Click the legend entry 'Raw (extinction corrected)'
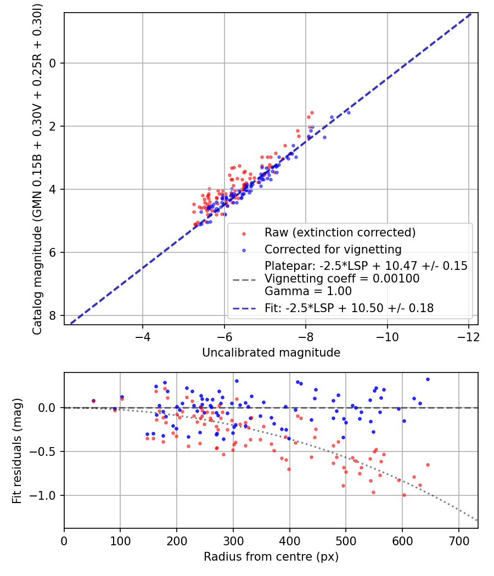pos(340,233)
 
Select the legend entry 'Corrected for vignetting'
pos(333,250)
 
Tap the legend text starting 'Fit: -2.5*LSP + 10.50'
pos(349,308)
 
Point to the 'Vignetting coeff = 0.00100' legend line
pos(342,279)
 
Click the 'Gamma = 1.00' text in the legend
pos(308,291)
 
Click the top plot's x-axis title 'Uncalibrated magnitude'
pos(271,353)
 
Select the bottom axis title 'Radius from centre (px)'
pos(271,557)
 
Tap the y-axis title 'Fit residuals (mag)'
pos(17,451)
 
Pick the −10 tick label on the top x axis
pos(387,337)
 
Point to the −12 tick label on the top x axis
pos(469,337)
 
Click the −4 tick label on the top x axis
pos(143,337)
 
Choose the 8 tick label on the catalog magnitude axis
pos(53,315)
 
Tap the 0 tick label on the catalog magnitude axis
pos(53,63)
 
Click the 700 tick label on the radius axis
pos(459,541)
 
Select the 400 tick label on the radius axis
pos(290,541)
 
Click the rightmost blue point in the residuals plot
pos(428,380)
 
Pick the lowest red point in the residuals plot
pos(405,495)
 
